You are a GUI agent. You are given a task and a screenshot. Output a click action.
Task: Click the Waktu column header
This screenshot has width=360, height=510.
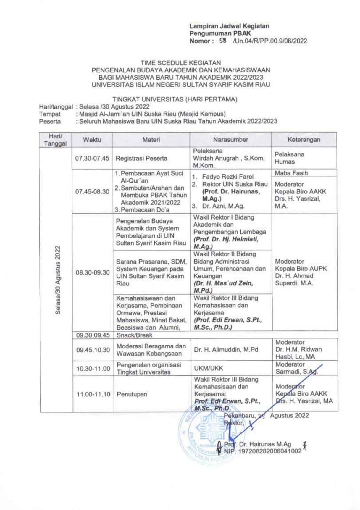[92, 140]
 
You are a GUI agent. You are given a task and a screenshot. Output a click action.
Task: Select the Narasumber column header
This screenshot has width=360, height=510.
[230, 140]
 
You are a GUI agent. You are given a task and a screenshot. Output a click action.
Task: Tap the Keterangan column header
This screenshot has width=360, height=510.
[304, 140]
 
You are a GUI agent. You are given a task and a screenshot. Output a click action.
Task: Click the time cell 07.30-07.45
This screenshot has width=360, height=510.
[92, 158]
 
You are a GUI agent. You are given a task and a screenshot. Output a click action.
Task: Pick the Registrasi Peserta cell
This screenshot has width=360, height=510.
[141, 158]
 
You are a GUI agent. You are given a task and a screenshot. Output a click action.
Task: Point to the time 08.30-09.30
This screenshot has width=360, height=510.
[93, 272]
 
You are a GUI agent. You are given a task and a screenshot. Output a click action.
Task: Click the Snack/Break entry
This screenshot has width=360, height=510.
[134, 335]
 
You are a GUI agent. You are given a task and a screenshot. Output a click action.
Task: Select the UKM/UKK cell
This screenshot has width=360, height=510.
[209, 368]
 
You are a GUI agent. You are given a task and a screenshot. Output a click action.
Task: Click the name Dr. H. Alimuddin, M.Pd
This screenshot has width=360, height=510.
[226, 350]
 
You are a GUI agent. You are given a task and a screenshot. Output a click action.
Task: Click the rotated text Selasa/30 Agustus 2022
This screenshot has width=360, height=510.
[57, 280]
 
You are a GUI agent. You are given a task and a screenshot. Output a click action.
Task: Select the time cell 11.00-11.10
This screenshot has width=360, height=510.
[93, 394]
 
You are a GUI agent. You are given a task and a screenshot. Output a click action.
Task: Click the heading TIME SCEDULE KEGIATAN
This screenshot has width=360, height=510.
[180, 63]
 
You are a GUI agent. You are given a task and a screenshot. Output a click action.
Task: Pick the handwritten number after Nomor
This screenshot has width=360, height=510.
[223, 41]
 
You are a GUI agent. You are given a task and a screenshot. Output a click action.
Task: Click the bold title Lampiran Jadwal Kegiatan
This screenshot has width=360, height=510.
[229, 26]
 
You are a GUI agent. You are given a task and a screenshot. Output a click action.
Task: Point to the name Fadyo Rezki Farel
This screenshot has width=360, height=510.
[228, 177]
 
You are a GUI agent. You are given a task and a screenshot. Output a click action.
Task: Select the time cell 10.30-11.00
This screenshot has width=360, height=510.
[93, 369]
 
